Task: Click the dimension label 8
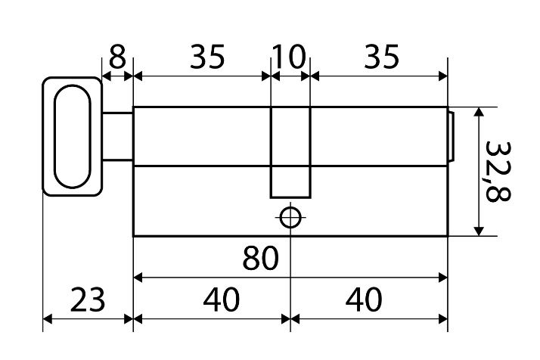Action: point(117,56)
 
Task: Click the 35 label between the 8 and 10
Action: point(207,56)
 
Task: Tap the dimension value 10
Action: point(289,56)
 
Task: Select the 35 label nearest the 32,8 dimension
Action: point(381,56)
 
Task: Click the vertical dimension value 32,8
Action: point(498,171)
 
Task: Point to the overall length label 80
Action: point(260,258)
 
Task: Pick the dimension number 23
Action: point(88,299)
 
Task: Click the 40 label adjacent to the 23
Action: point(221,299)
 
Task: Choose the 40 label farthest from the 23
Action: point(364,299)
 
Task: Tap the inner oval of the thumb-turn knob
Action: point(54,136)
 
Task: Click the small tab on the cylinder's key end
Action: point(451,137)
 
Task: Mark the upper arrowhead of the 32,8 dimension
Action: point(479,112)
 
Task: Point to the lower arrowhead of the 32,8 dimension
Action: point(479,231)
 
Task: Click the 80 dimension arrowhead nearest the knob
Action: point(138,278)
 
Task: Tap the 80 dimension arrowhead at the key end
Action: point(443,278)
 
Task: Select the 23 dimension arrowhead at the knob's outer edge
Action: point(48,319)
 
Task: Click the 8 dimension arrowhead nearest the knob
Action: point(107,76)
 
